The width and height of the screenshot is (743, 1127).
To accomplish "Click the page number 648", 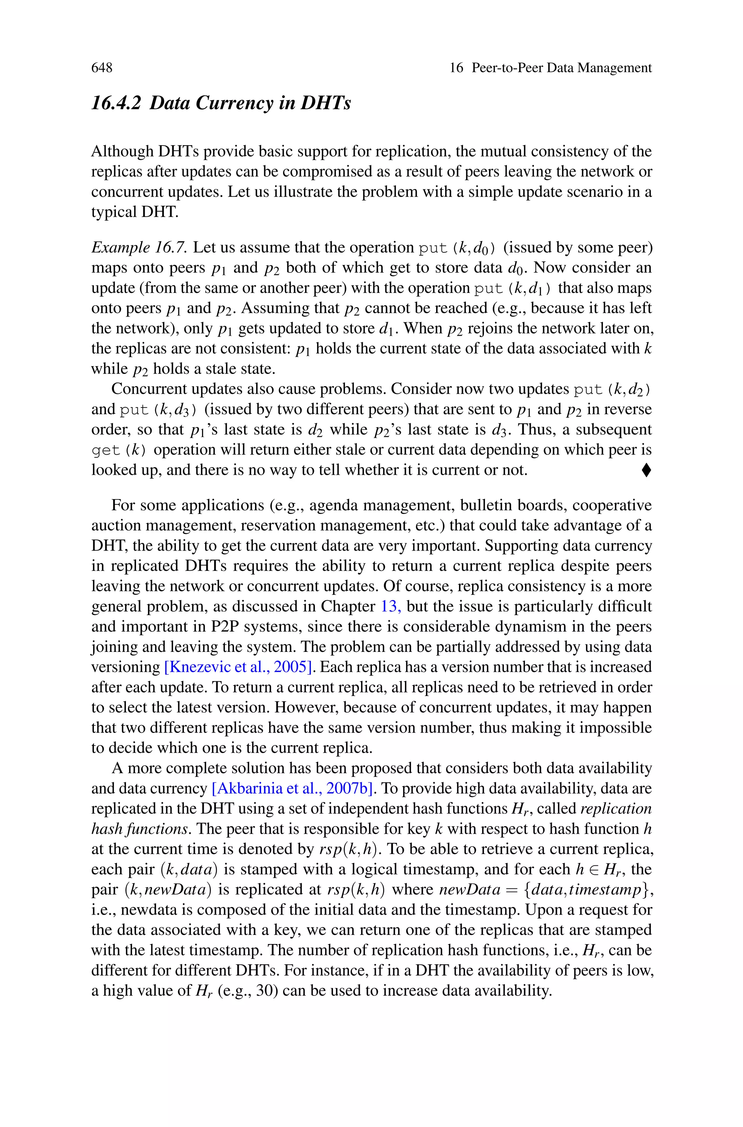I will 102,68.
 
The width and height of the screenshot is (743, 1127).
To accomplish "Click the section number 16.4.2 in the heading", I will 116,103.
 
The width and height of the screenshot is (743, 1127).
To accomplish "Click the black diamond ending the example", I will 646,470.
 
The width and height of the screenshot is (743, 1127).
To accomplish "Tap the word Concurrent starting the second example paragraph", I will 151,389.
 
